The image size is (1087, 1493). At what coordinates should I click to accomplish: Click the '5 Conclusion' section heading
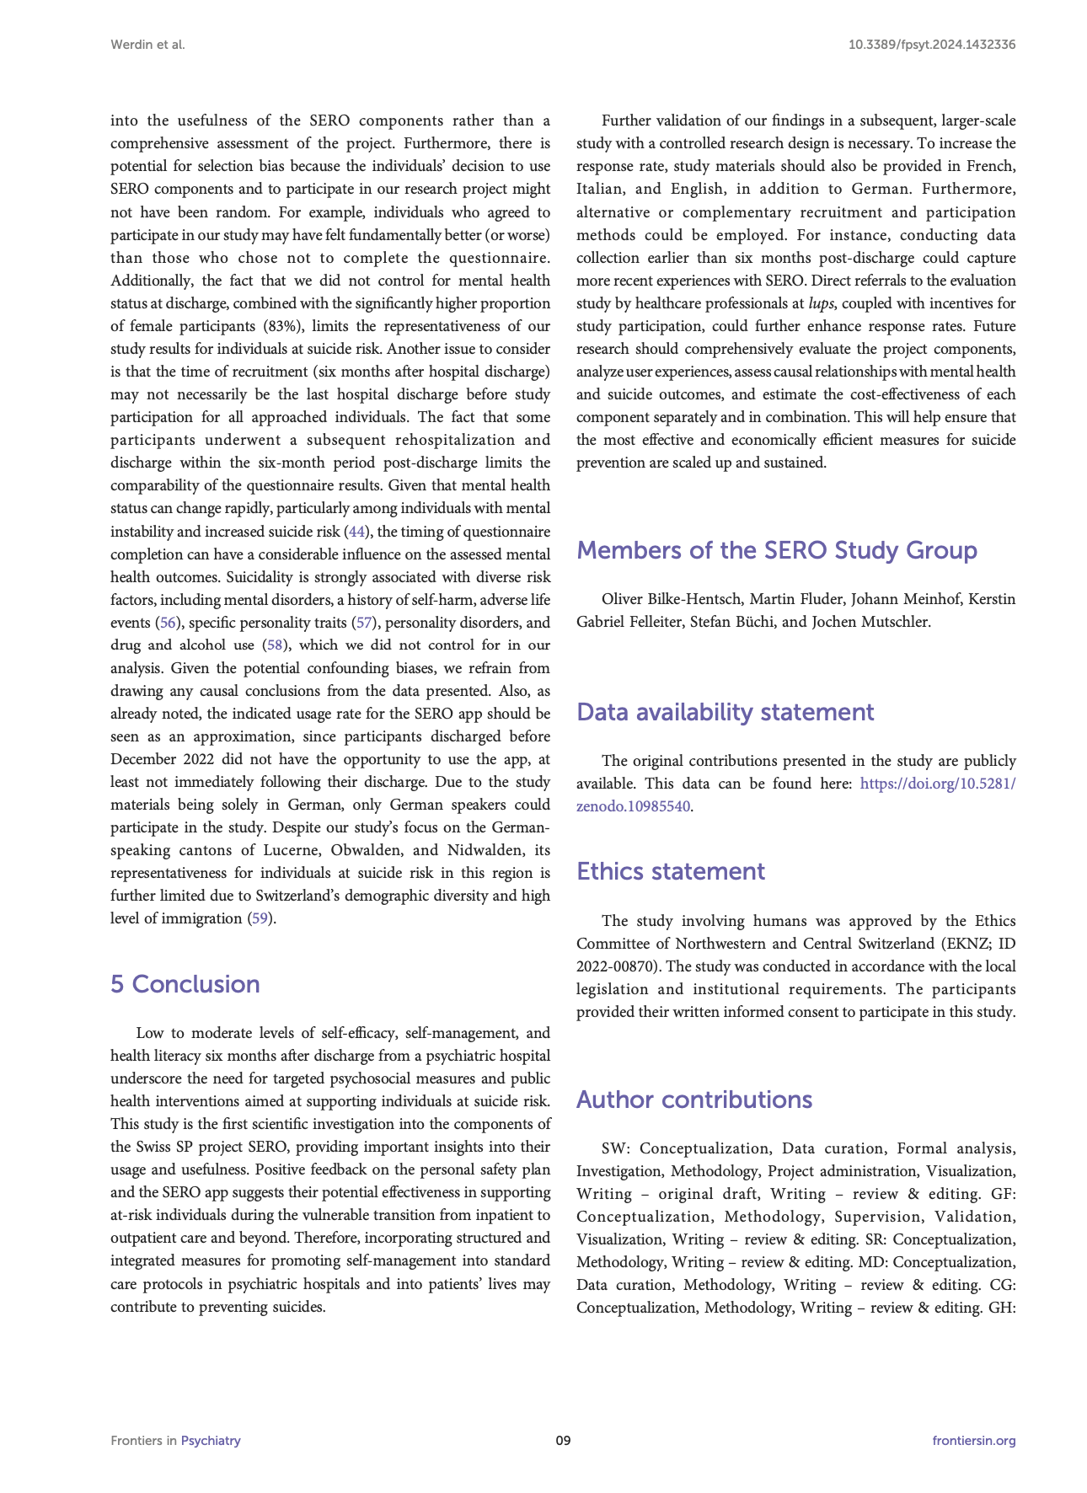coord(185,984)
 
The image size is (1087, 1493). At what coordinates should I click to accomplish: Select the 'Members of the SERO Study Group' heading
coord(776,550)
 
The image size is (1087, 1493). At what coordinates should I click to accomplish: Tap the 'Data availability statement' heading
coord(725,712)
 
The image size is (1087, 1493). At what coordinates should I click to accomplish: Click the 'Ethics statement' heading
coord(670,871)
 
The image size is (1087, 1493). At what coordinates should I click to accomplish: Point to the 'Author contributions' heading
coord(693,1100)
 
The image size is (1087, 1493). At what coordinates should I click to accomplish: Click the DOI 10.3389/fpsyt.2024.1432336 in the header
coord(931,45)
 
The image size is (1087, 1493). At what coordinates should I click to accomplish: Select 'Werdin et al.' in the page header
coord(147,45)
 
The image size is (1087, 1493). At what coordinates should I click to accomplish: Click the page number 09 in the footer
coord(563,1441)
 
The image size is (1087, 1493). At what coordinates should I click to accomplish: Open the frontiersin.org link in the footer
coord(973,1441)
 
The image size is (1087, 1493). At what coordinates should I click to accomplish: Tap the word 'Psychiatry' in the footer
coord(211,1441)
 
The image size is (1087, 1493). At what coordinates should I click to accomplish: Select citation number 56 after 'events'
coord(168,623)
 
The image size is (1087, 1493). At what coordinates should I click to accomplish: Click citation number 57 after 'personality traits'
coord(364,623)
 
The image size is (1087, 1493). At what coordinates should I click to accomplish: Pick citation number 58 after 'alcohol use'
coord(275,645)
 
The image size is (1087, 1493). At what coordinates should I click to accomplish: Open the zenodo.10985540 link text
coord(633,806)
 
